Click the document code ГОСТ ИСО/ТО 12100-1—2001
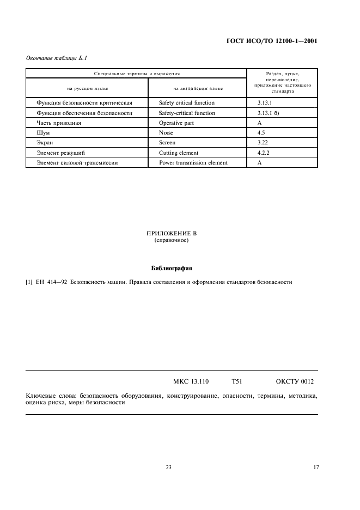(271, 41)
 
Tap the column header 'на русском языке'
(87, 88)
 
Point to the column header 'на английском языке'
(198, 88)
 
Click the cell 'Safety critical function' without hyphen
(187, 102)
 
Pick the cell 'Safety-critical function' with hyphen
(187, 113)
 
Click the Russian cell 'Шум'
(42, 133)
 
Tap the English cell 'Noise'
(166, 133)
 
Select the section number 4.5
(261, 133)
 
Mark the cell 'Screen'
(167, 143)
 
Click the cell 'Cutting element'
(179, 153)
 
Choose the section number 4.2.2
(264, 153)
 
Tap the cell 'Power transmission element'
(193, 163)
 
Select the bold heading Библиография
(172, 268)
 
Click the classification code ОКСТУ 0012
(295, 382)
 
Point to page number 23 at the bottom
(168, 467)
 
